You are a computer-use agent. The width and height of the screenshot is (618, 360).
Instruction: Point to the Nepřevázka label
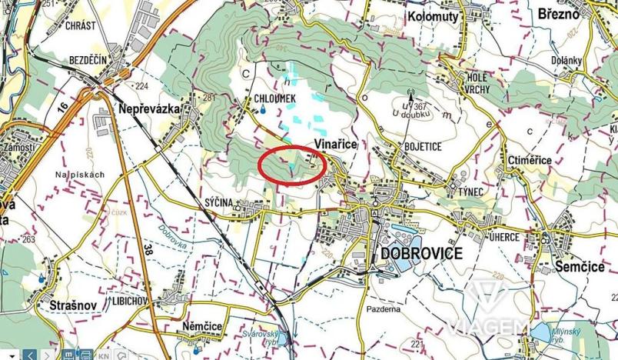click(x=149, y=110)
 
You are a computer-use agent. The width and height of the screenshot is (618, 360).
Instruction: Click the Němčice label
click(x=203, y=327)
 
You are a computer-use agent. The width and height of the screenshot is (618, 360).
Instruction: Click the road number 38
click(x=147, y=248)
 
